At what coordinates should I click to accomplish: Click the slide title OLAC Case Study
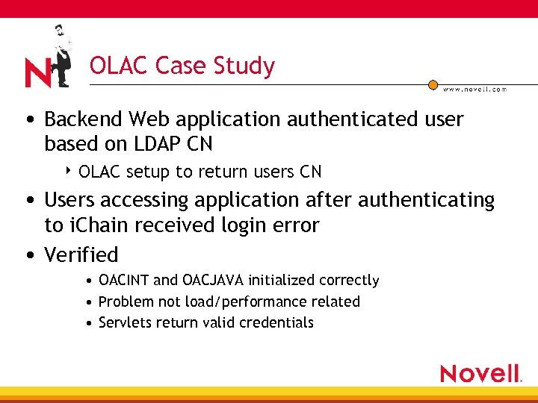(x=182, y=66)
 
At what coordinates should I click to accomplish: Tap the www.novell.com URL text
(x=474, y=90)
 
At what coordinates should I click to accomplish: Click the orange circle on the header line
(x=433, y=85)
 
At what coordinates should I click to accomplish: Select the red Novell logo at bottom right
(x=480, y=373)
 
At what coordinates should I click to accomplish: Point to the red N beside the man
(x=37, y=72)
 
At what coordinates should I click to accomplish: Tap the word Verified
(x=81, y=255)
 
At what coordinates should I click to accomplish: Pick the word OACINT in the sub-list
(x=123, y=281)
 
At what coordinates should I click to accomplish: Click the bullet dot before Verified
(x=28, y=256)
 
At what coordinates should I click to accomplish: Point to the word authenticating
(x=426, y=201)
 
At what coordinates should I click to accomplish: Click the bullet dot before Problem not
(x=89, y=302)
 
